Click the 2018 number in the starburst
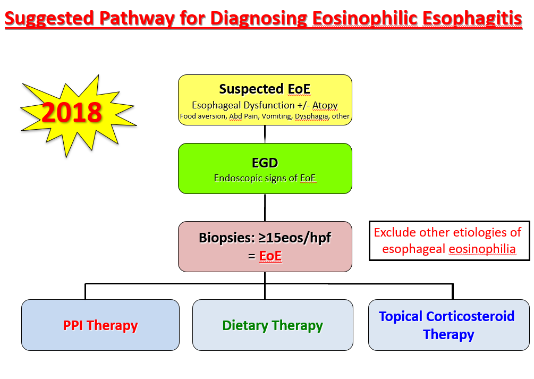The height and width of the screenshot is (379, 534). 72,112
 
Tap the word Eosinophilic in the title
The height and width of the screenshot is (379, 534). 365,18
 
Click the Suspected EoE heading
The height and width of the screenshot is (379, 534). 265,89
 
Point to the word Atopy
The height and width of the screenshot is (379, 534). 325,105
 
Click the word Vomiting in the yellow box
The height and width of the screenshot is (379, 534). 276,116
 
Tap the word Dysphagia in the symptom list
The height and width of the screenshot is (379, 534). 312,116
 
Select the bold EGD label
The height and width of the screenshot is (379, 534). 265,163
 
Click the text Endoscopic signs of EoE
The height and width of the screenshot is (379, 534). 265,178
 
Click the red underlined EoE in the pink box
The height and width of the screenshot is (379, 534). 270,256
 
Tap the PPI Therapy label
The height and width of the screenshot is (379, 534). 100,325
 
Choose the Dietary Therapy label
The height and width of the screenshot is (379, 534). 273,325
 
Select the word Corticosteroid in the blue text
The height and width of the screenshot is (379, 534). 470,316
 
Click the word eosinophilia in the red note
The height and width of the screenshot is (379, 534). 482,249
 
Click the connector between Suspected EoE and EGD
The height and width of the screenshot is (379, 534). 265,134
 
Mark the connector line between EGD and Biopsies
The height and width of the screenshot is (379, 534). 265,207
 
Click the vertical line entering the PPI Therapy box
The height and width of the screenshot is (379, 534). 85,291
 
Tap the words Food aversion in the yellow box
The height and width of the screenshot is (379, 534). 203,116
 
